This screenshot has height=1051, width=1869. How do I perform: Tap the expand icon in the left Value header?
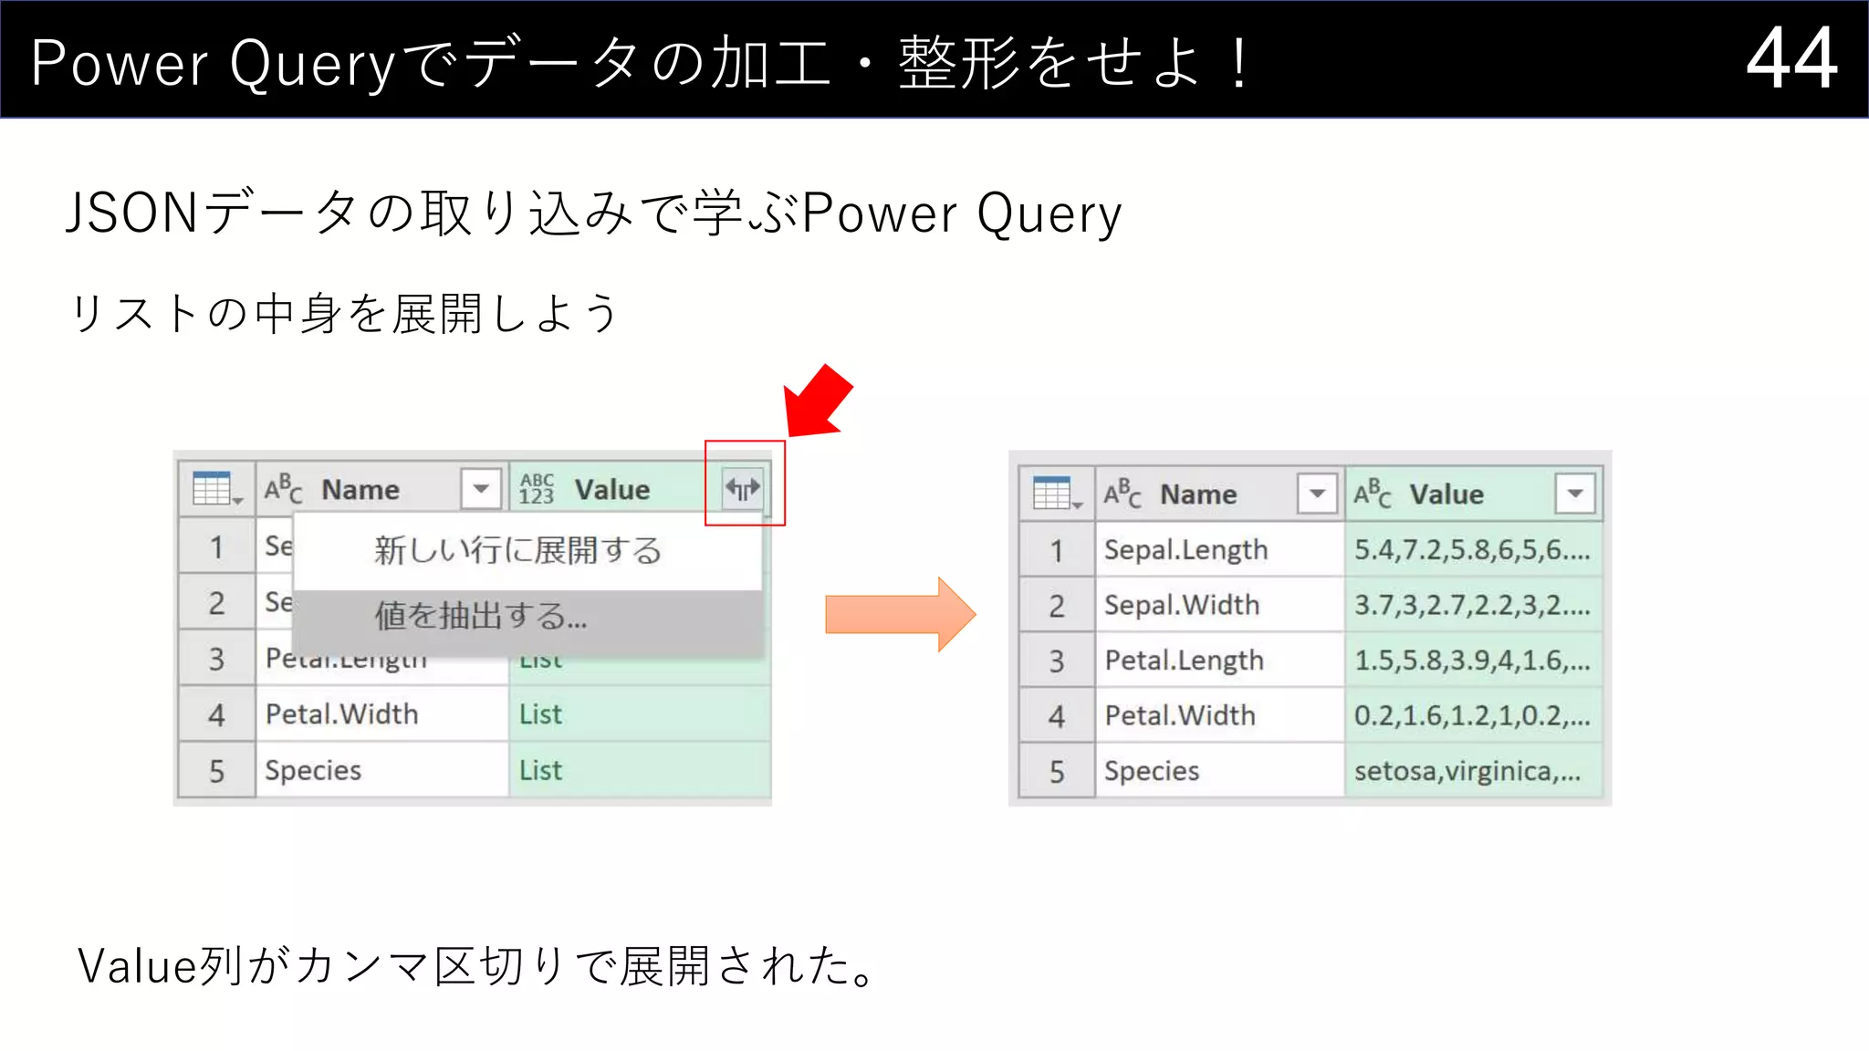(x=742, y=489)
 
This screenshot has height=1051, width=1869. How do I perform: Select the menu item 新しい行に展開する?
(x=517, y=551)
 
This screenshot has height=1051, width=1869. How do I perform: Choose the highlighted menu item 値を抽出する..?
(x=481, y=617)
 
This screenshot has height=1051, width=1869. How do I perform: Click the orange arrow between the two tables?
(x=900, y=614)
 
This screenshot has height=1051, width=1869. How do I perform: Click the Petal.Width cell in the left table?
(x=342, y=714)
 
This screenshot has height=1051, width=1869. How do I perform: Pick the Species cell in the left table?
(x=313, y=771)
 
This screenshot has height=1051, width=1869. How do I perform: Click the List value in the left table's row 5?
(x=540, y=771)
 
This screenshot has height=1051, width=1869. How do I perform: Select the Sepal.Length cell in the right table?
(x=1185, y=550)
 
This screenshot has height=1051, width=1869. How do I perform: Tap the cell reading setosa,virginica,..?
(x=1467, y=772)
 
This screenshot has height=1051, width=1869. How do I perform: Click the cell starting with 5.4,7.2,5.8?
(x=1471, y=550)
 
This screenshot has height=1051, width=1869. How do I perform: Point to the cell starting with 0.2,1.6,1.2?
(x=1471, y=716)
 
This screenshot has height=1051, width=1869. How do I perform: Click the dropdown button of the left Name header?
(x=481, y=489)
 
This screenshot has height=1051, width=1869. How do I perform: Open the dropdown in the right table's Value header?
(x=1574, y=494)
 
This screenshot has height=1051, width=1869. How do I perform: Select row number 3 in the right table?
(x=1056, y=661)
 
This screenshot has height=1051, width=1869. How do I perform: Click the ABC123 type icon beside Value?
(x=537, y=489)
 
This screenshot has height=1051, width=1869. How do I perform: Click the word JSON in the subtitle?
(x=132, y=213)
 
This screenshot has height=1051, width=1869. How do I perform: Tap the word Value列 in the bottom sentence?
(x=159, y=966)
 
